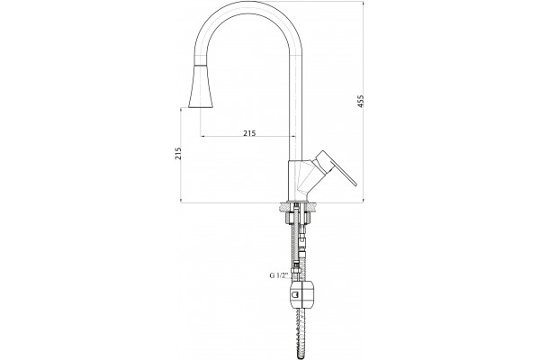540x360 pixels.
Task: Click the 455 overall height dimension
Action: point(360,101)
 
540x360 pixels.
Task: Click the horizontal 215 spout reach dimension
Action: point(249,132)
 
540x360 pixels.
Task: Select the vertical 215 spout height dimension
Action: point(178,153)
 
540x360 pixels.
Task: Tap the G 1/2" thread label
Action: point(278,275)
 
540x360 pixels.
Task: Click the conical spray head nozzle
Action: point(200,86)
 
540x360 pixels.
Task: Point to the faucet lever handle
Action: point(335,167)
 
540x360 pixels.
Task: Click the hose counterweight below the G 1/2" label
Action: point(302,294)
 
